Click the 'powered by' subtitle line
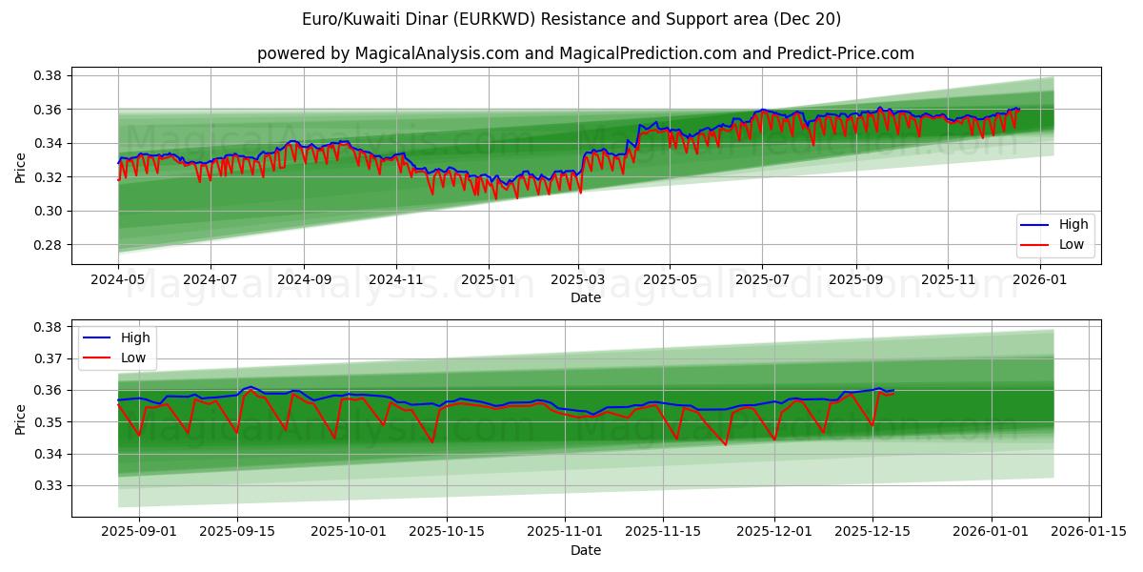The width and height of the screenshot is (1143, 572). tap(585, 53)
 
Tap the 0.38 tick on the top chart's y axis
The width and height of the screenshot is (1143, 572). tap(49, 75)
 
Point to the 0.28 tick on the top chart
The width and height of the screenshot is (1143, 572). tap(49, 245)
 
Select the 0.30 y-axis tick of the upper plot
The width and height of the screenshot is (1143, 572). tap(49, 211)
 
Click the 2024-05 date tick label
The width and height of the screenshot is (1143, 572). tap(118, 280)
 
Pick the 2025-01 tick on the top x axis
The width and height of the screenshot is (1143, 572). tap(488, 280)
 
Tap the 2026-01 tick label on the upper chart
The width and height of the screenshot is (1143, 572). tap(1039, 280)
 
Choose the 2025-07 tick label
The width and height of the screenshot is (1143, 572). tap(761, 280)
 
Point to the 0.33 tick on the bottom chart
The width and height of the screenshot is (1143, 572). tap(49, 485)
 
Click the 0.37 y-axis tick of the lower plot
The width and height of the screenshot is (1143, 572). tap(49, 358)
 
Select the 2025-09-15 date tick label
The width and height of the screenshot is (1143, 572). tap(238, 532)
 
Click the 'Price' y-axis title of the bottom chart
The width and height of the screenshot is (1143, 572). tap(21, 419)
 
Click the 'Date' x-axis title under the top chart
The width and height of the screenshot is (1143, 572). tap(585, 297)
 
